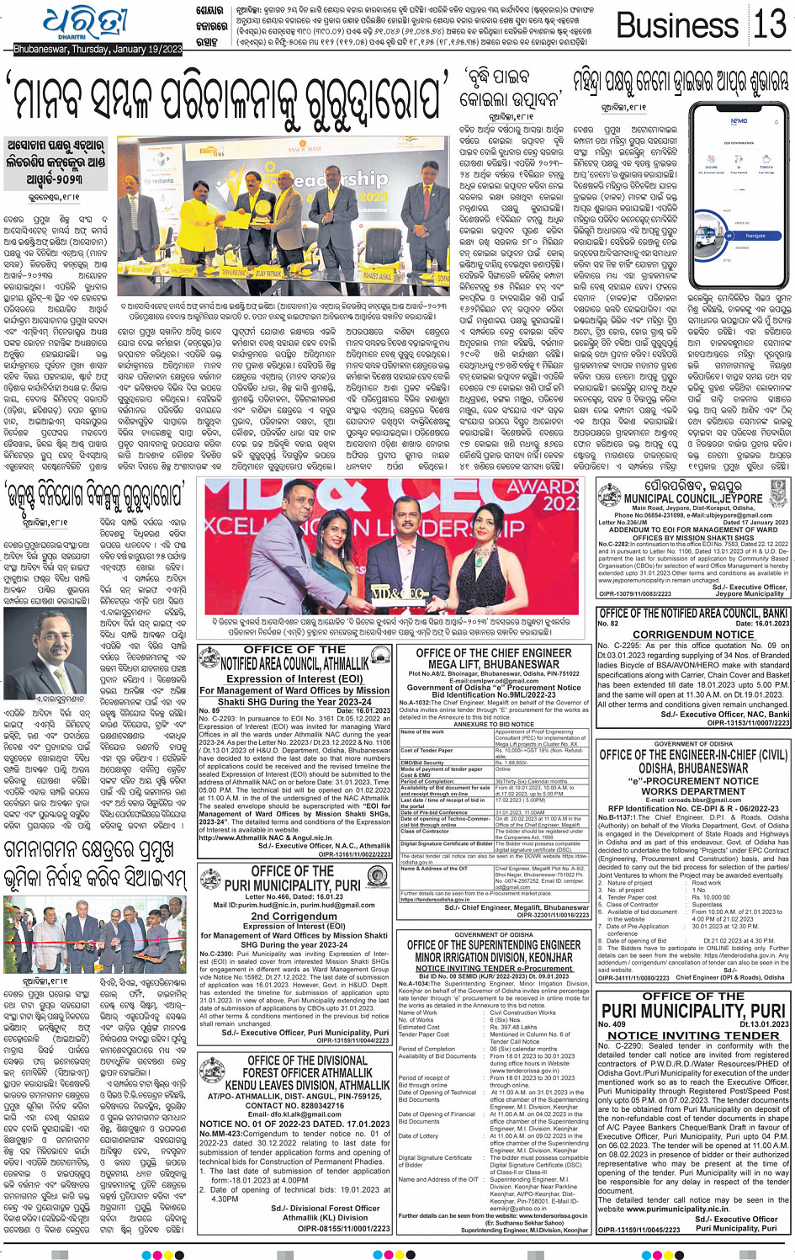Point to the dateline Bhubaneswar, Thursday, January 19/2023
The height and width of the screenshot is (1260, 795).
coord(98,51)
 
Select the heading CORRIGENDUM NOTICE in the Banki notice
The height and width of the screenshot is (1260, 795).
coord(693,634)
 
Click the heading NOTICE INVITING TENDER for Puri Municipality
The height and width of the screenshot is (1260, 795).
coord(693,1035)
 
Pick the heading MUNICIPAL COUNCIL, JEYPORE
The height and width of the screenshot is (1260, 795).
coord(692,499)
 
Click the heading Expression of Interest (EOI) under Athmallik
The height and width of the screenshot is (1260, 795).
coord(294,679)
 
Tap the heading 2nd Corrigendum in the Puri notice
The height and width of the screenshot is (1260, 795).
coord(294,916)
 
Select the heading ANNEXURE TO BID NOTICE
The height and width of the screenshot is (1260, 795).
coord(494,724)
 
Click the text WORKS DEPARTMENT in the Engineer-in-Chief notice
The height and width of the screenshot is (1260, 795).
coord(693,791)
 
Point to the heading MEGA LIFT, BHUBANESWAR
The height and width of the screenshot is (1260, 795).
coord(494,664)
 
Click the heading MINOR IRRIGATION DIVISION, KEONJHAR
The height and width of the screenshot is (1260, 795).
coord(494,957)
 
